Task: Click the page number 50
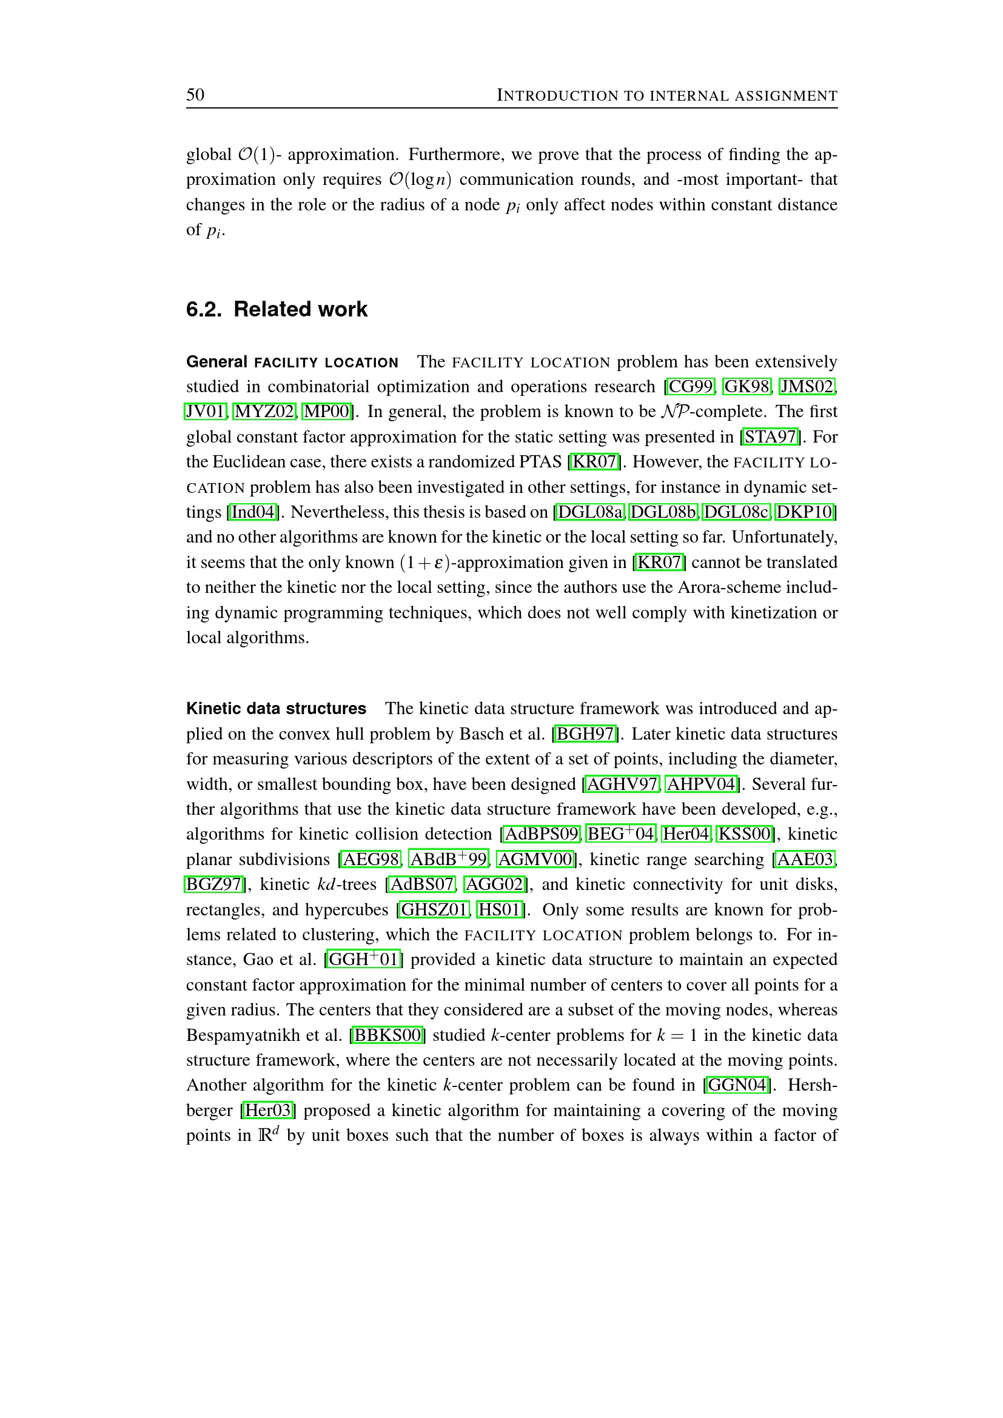[195, 95]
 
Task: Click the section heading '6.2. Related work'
[277, 309]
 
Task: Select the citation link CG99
[691, 387]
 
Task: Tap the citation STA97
[771, 436]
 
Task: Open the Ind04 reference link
[253, 512]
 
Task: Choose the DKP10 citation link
[805, 512]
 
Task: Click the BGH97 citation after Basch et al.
[586, 734]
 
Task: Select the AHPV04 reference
[702, 784]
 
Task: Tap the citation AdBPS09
[542, 834]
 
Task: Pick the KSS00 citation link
[744, 834]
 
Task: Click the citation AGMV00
[535, 859]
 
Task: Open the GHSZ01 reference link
[434, 909]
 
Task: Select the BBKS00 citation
[387, 1035]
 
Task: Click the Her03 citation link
[267, 1111]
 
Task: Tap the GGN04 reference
[737, 1085]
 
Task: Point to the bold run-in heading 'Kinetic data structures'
[276, 708]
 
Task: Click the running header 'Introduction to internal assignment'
[667, 96]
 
